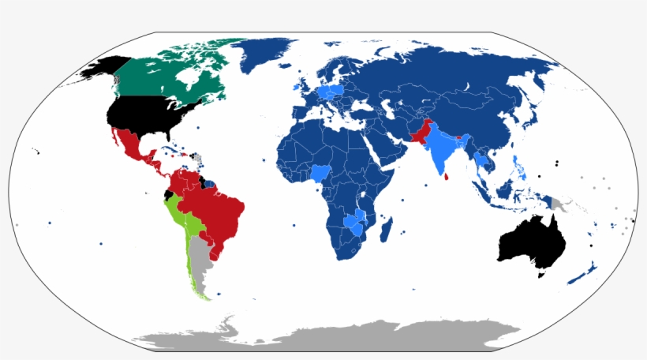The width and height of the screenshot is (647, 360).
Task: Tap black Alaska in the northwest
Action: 99,69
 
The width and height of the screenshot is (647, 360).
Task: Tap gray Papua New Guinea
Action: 562,204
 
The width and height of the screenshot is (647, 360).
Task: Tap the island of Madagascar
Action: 386,230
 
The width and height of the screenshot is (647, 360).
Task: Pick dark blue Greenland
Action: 272,55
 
